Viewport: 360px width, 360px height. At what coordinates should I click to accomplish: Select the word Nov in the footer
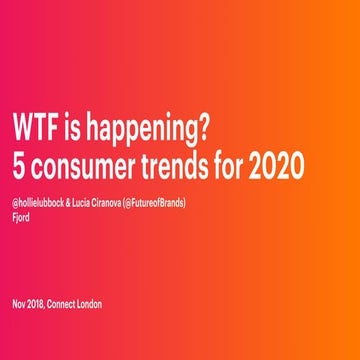tap(20, 304)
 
